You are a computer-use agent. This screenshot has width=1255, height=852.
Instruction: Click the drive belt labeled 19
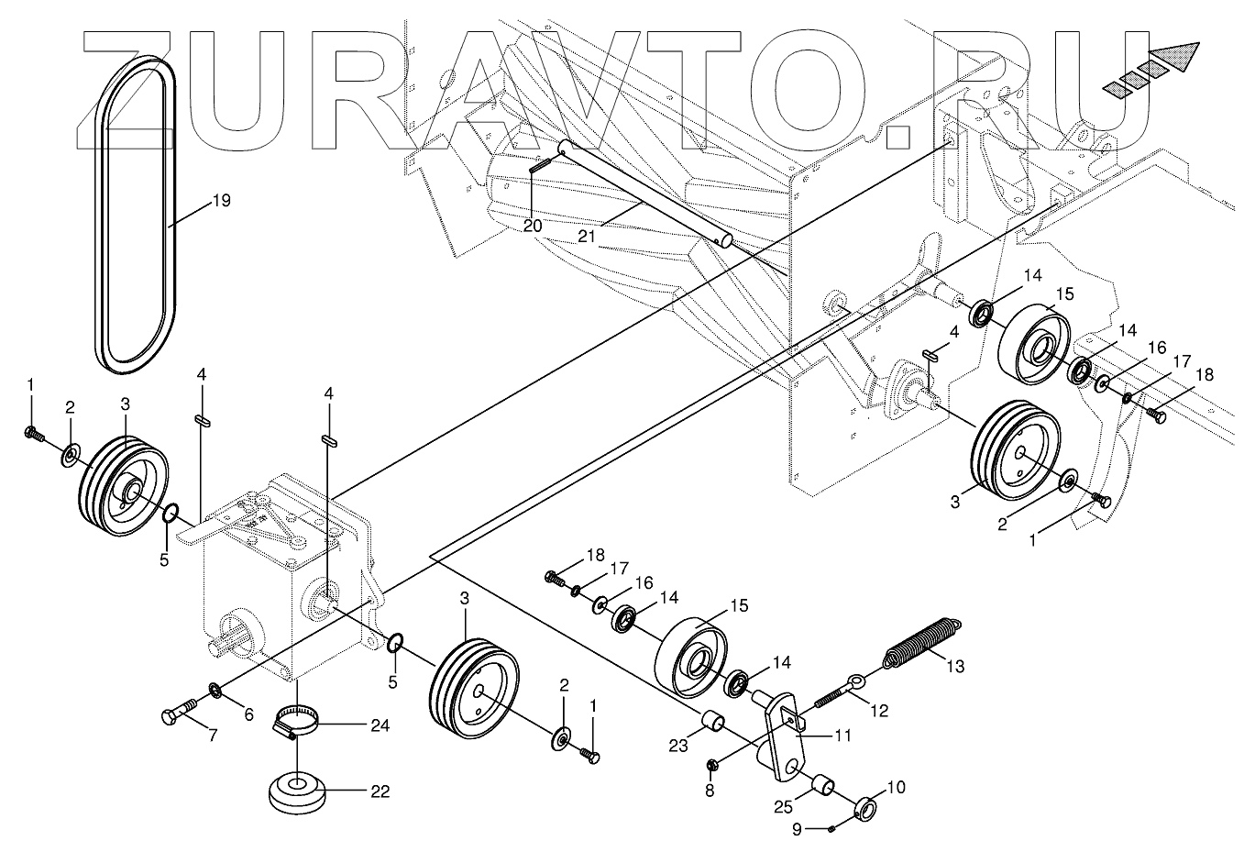[103, 220]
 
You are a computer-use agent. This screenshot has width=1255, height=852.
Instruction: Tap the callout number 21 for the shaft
[587, 236]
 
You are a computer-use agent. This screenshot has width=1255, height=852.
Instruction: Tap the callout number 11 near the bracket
[842, 734]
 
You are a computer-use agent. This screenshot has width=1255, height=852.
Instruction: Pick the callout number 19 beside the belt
[221, 200]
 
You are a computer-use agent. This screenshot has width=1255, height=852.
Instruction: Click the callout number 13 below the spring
[954, 666]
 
